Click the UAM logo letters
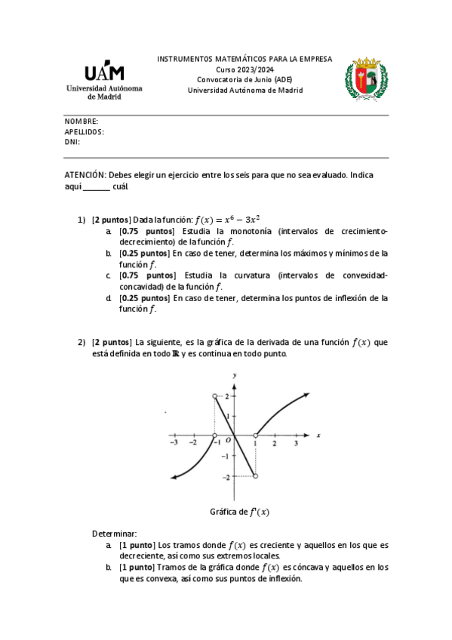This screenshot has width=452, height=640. [104, 72]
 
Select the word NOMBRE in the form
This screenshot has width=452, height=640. [81, 122]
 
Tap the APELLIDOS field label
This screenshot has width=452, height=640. [84, 131]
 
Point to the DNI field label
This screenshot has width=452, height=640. [72, 141]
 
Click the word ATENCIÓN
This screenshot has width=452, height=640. [85, 174]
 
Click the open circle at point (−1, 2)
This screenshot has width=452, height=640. [215, 395]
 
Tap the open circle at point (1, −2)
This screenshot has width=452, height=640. [255, 476]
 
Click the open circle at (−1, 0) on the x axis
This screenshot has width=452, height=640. [215, 435]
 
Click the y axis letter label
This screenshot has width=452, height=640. [235, 375]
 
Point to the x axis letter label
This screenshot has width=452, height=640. [318, 435]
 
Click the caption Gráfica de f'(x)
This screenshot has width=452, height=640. [239, 512]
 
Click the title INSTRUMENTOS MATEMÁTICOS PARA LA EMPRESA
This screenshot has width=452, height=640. [244, 58]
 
